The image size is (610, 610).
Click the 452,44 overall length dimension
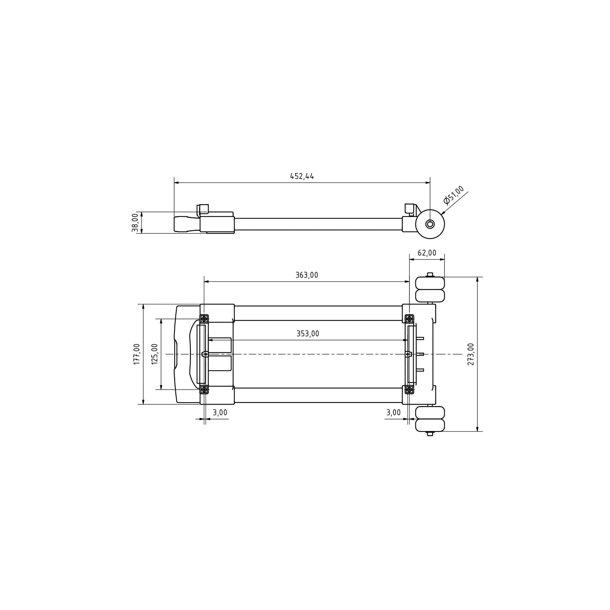[x=302, y=176]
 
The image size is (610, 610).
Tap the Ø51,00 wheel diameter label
[x=454, y=195]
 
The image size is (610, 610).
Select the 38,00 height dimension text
[x=135, y=223]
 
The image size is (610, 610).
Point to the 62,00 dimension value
[x=427, y=253]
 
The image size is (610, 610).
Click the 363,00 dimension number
[x=307, y=275]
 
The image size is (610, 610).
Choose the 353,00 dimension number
[x=308, y=334]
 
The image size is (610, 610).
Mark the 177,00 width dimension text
[x=137, y=354]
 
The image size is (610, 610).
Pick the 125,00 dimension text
[x=155, y=354]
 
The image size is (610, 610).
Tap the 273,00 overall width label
[x=471, y=354]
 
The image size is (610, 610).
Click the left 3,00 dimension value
[x=220, y=412]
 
